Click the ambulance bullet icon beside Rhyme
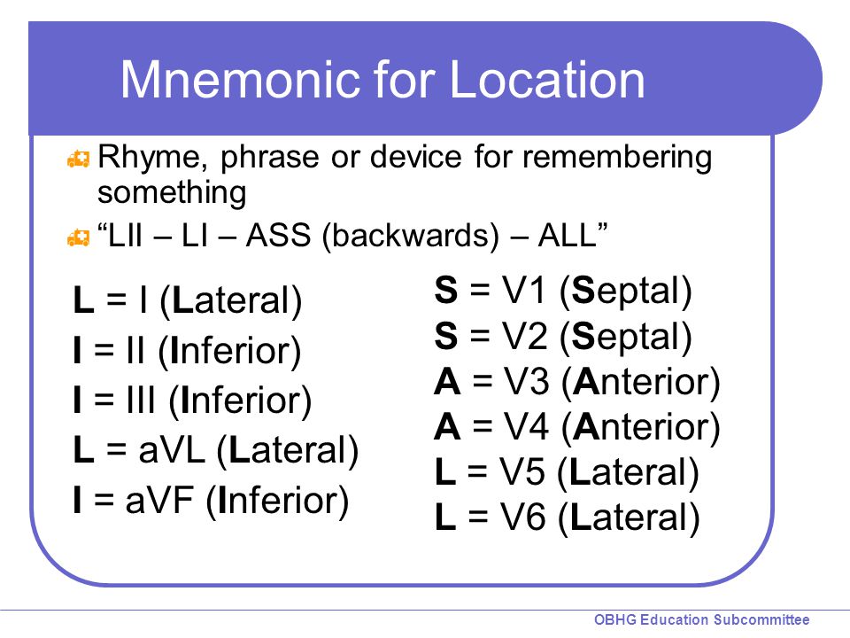[x=78, y=159]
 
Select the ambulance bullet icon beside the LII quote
[x=78, y=237]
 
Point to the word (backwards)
[x=410, y=237]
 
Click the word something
[x=172, y=193]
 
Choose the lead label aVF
[x=159, y=500]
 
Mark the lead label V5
[x=522, y=471]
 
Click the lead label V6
[x=522, y=517]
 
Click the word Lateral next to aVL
[x=288, y=450]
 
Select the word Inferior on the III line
[x=240, y=401]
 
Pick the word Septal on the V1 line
[x=626, y=292]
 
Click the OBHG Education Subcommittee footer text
[x=702, y=619]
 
